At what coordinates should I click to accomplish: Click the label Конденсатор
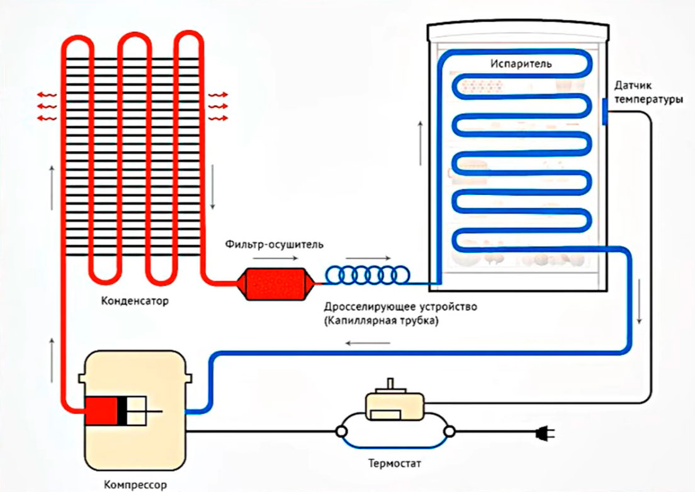click(135, 301)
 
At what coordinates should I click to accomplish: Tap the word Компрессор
click(135, 485)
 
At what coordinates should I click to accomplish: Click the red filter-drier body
click(274, 284)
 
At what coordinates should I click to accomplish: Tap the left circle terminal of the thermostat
click(341, 432)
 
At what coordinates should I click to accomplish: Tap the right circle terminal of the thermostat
click(449, 432)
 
